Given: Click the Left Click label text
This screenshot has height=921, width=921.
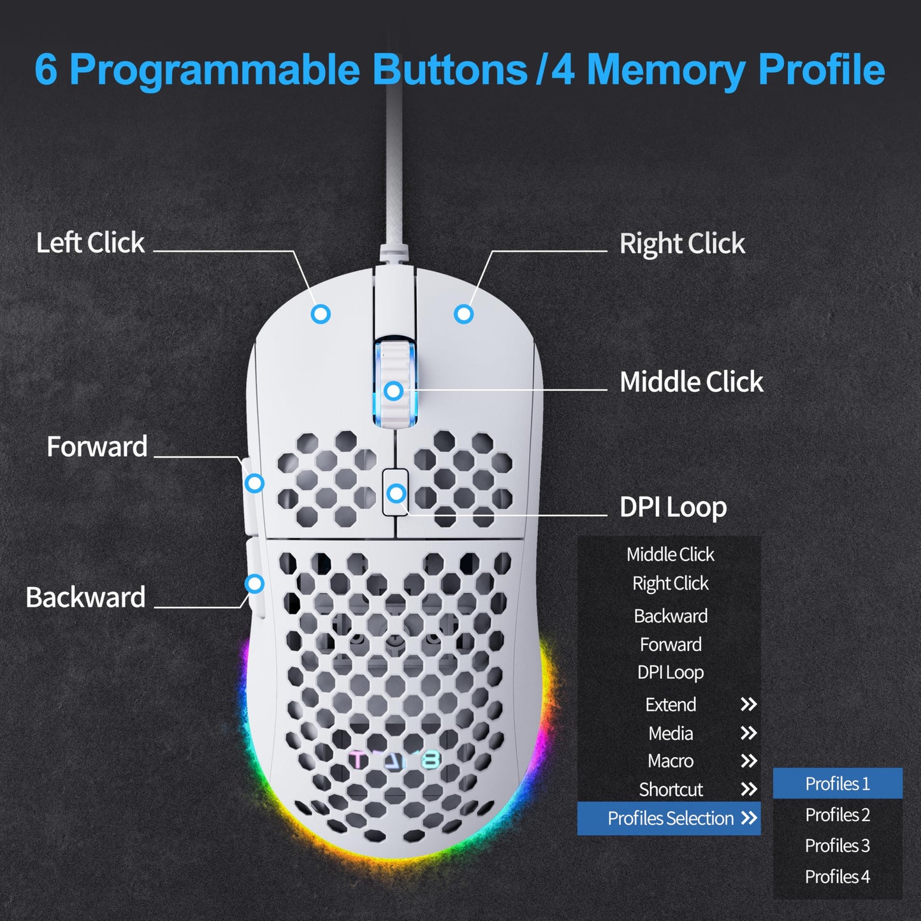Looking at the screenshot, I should [x=90, y=243].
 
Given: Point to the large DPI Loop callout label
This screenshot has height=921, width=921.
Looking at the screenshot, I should [x=672, y=508].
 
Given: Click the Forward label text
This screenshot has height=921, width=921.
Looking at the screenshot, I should [x=97, y=447].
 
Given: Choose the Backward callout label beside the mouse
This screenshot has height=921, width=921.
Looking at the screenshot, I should [x=85, y=598].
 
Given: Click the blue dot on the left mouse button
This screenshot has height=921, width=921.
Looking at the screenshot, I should [x=321, y=314].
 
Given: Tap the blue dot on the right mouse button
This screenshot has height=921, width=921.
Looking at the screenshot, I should [x=463, y=314].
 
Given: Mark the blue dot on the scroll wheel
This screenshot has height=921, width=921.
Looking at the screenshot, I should [x=393, y=391].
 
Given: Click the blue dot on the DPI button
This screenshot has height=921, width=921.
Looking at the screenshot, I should [x=396, y=493].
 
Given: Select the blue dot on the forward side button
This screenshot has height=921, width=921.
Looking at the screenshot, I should [x=254, y=483].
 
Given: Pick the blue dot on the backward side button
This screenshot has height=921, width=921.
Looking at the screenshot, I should [x=254, y=583].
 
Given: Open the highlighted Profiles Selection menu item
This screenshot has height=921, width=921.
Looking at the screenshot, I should [x=669, y=818].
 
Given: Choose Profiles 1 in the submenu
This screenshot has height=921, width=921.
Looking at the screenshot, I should [x=837, y=784].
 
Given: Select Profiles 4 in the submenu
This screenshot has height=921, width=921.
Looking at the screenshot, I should [x=837, y=877].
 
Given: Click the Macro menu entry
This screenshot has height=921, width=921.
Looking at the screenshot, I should [x=671, y=761].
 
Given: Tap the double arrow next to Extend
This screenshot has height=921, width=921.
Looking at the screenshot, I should [x=748, y=704].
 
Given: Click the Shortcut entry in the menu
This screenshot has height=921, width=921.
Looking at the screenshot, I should [x=671, y=790].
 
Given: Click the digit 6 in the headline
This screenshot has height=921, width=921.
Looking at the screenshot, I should [x=45, y=69].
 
